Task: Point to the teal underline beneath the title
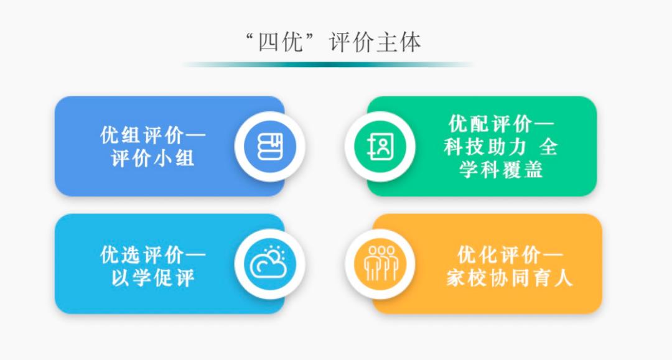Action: (328, 64)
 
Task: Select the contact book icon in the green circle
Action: (380, 147)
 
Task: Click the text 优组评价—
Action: (153, 136)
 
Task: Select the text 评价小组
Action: (153, 158)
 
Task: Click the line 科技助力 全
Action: (500, 147)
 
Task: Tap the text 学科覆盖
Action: (501, 169)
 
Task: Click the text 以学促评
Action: (153, 277)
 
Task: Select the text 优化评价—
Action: (510, 255)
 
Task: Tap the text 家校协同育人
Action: (509, 277)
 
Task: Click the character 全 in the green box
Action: (548, 147)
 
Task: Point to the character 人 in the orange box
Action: (563, 277)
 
